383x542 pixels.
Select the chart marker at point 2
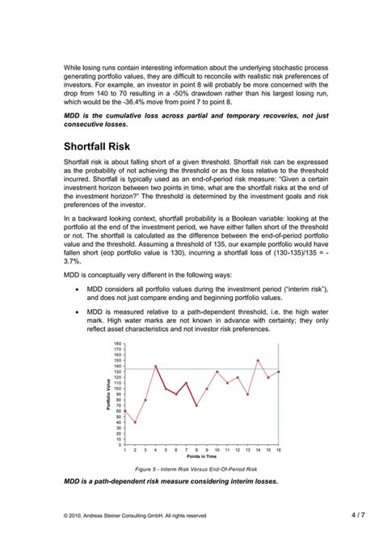pyautogui.click(x=135, y=421)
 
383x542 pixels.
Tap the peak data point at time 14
pyautogui.click(x=258, y=361)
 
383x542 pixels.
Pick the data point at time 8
pyautogui.click(x=196, y=405)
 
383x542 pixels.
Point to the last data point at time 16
pyautogui.click(x=278, y=372)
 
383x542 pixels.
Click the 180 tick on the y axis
pyautogui.click(x=118, y=344)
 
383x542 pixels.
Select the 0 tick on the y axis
pyautogui.click(x=120, y=444)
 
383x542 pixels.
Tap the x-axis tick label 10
pyautogui.click(x=217, y=450)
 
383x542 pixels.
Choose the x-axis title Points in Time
pyautogui.click(x=201, y=457)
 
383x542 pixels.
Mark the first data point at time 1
pyautogui.click(x=124, y=411)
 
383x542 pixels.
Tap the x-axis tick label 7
pyautogui.click(x=186, y=450)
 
